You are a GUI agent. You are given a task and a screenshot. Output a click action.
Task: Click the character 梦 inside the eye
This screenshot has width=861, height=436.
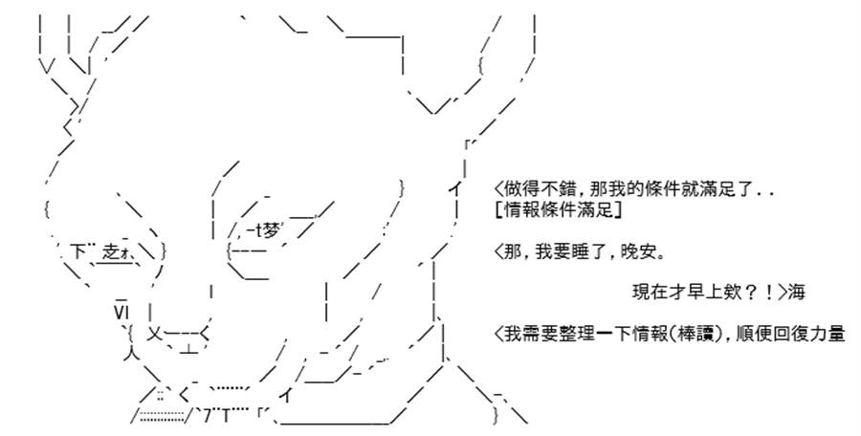272,230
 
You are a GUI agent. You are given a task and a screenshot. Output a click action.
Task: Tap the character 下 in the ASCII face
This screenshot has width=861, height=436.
78,252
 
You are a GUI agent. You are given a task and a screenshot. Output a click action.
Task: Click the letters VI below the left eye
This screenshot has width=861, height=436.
121,313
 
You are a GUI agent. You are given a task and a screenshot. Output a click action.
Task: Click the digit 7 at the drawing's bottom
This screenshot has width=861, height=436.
207,417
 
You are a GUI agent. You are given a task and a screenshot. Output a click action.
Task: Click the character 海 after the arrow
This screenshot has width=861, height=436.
797,293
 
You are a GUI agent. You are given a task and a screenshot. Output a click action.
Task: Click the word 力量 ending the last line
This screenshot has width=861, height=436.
828,334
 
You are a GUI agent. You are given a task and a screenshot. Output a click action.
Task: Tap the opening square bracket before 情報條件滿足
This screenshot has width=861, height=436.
497,209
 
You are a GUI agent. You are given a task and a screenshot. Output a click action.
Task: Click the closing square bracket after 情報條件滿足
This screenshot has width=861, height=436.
619,209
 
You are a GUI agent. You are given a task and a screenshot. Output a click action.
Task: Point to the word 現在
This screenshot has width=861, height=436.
648,293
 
